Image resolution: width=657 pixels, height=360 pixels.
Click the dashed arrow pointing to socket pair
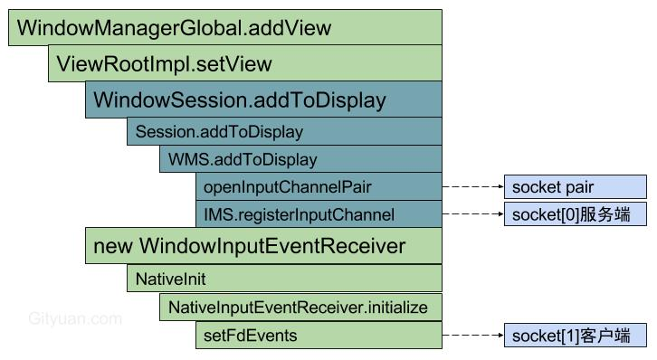(472, 187)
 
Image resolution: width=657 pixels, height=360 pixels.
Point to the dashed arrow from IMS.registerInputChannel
(472, 215)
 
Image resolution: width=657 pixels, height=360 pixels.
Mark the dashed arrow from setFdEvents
(472, 336)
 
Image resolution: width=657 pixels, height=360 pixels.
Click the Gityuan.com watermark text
(75, 318)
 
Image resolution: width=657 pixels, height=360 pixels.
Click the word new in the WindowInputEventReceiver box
(114, 246)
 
